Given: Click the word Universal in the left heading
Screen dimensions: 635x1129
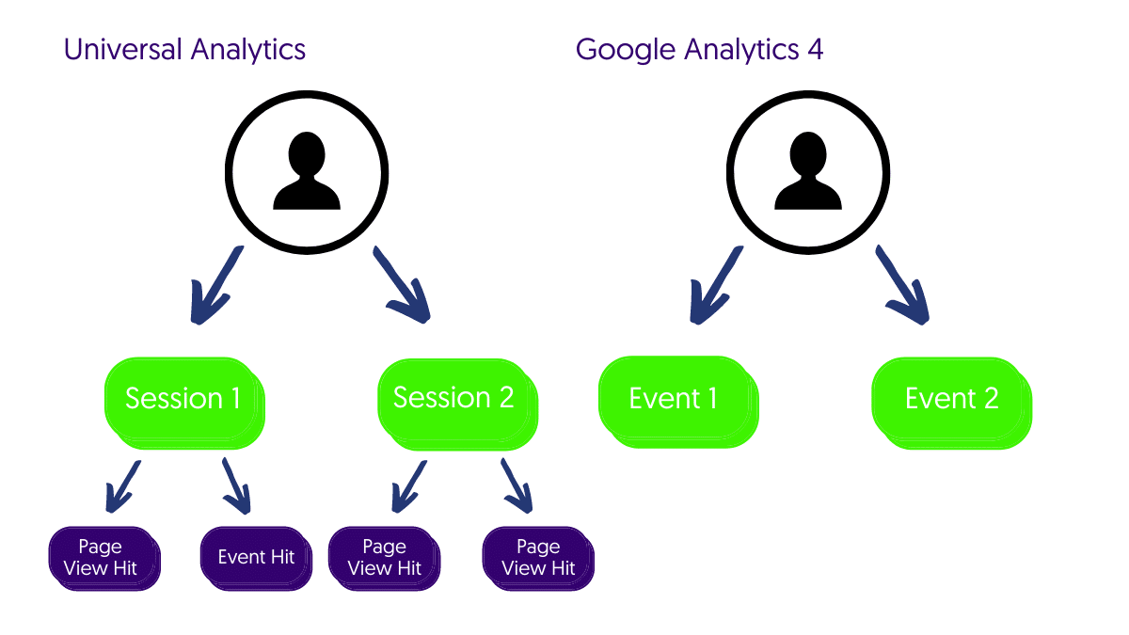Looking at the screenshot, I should (123, 49).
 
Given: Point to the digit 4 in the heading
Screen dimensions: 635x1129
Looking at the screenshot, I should (815, 49).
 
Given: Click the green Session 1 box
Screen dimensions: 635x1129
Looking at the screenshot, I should (183, 400).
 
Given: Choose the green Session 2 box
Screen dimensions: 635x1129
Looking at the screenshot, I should (455, 400).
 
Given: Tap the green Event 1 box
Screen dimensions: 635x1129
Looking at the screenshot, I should (676, 400).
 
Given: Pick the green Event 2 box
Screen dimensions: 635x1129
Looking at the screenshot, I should (950, 400).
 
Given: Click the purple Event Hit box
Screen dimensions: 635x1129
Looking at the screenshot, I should (255, 558).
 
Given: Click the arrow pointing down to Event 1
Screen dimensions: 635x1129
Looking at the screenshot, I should (714, 285).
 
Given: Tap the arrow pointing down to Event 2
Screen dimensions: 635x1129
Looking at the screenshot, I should (903, 285).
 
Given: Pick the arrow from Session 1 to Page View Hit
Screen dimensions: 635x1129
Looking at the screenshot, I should (123, 485).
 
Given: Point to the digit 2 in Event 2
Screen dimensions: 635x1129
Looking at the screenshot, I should (990, 399).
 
